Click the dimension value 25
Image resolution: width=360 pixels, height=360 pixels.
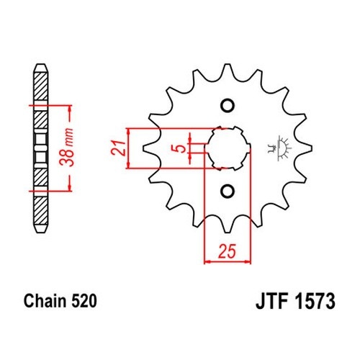[x=228, y=251]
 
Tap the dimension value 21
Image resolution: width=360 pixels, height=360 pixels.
[x=118, y=148]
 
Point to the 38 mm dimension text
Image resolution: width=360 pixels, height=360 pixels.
[x=67, y=147]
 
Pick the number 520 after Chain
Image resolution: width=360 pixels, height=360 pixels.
[x=84, y=301]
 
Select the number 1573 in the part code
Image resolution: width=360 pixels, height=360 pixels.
[x=315, y=301]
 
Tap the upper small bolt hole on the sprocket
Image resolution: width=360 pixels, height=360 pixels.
[x=228, y=106]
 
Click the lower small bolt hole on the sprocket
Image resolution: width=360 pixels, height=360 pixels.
[x=228, y=191]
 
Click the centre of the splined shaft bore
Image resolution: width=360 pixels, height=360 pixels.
[x=228, y=148]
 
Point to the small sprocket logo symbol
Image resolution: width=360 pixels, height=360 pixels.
[x=279, y=148]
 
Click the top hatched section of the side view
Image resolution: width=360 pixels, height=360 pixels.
[x=41, y=86]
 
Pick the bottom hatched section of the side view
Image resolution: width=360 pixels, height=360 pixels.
[x=41, y=210]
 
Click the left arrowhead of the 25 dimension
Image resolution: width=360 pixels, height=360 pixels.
[x=207, y=261]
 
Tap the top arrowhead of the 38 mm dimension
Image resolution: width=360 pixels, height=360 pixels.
[x=70, y=109]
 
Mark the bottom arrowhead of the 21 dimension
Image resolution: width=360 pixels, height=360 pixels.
[x=129, y=165]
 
